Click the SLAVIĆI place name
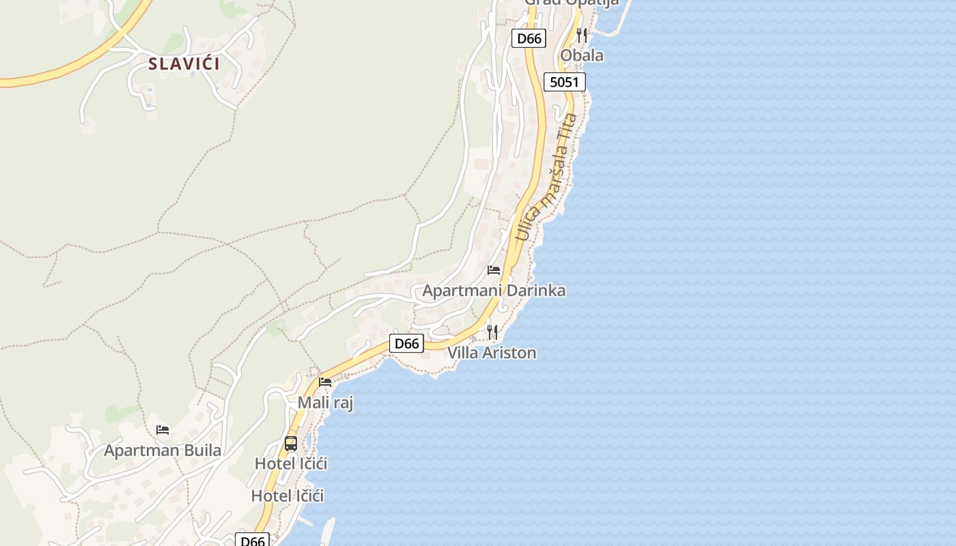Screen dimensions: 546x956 [x=184, y=64]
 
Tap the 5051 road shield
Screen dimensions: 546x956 [x=565, y=83]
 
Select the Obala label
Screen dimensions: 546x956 [x=582, y=55]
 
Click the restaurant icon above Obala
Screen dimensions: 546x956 [x=582, y=35]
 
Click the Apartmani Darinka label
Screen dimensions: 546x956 [x=494, y=291]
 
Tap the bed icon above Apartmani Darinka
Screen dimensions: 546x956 [x=494, y=270]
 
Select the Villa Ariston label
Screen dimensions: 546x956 [x=492, y=353]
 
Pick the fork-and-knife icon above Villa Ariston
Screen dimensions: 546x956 [x=492, y=332]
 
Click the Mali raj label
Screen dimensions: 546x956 [x=325, y=403]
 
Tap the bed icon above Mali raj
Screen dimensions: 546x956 [x=325, y=382]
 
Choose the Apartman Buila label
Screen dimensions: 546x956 [x=163, y=450]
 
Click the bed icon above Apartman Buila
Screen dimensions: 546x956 [x=163, y=430]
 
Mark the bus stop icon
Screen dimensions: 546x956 [x=291, y=444]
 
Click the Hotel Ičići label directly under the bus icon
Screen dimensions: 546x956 [x=291, y=463]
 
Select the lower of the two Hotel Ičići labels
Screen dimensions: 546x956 [x=287, y=495]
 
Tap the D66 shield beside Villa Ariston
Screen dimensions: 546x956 [x=406, y=343]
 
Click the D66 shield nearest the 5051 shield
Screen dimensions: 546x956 [x=529, y=38]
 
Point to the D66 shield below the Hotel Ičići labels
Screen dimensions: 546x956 [x=253, y=541]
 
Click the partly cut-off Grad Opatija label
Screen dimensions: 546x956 [x=572, y=3]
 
